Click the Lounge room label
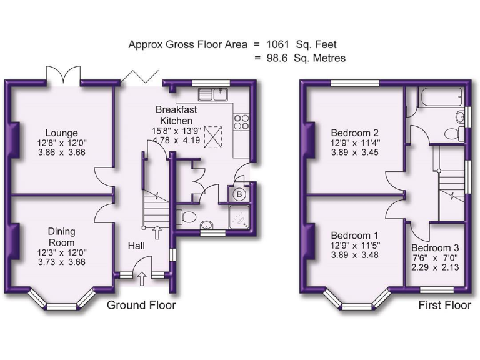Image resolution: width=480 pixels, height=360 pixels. coord(61,132)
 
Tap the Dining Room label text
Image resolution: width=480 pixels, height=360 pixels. coord(61,237)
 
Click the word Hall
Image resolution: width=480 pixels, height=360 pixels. coord(137,246)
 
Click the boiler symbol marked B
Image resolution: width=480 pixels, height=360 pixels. coord(238,194)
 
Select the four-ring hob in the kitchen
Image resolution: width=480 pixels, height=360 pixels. coord(241,121)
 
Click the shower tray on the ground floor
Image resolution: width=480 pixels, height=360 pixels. coord(238,216)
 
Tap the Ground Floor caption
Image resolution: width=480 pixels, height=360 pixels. coord(141,306)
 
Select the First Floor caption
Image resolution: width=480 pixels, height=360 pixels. coord(444,306)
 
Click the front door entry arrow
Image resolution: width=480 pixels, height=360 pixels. coord(142,277)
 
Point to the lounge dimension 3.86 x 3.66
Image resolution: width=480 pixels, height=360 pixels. coord(61,152)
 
